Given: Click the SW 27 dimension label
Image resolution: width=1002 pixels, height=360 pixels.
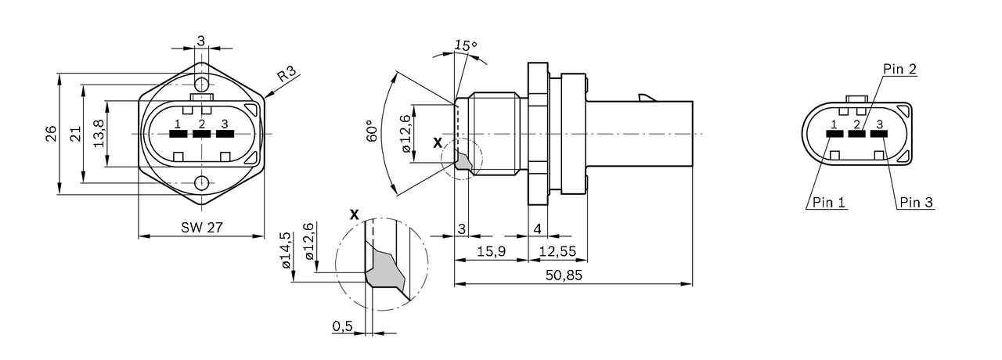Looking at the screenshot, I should [202, 228].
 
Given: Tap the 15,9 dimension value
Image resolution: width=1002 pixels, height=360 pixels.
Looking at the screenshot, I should [492, 250].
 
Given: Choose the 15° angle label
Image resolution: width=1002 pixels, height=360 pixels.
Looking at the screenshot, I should [466, 45].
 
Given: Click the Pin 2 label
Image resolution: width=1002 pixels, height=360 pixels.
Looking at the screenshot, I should [899, 69].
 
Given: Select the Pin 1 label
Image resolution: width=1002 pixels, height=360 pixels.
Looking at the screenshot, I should [828, 203].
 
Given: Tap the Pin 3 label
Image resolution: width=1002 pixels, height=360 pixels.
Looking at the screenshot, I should [916, 203].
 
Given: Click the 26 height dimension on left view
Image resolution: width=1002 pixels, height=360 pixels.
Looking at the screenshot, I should [51, 134].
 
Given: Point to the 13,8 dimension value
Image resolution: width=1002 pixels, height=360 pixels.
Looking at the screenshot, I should [99, 134].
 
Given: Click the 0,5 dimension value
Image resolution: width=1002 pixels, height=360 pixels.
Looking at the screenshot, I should [341, 326].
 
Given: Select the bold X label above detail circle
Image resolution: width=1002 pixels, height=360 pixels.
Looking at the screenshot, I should [355, 214].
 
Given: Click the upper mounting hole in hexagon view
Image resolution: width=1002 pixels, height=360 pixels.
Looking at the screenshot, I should [202, 84].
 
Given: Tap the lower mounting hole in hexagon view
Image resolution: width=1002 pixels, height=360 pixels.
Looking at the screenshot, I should [202, 184].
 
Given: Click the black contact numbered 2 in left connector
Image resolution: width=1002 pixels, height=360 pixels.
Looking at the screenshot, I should [202, 134].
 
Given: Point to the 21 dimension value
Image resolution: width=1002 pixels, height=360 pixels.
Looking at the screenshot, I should [76, 134].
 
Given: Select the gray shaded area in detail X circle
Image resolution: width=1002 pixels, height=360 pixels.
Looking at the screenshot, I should [385, 270].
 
